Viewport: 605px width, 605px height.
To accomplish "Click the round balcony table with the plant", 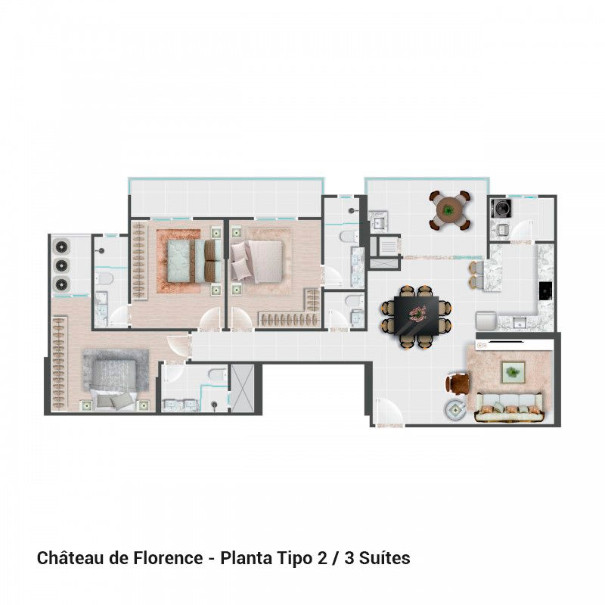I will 450,209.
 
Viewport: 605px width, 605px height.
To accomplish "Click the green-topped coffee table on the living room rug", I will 514,371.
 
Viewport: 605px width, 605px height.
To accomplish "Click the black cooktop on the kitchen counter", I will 544,290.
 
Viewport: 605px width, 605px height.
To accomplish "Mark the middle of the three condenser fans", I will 60,265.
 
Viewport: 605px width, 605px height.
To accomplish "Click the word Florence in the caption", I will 167,559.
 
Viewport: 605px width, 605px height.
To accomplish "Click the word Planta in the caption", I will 243,559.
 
